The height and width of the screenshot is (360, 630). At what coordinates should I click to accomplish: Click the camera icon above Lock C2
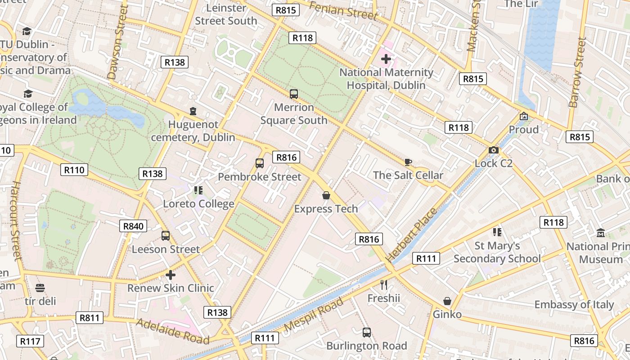(x=494, y=150)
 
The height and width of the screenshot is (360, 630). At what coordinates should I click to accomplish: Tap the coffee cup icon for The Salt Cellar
(x=408, y=162)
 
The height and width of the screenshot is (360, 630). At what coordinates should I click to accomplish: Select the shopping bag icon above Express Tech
(x=326, y=195)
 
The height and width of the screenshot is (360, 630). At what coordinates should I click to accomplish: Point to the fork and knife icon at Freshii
(x=384, y=284)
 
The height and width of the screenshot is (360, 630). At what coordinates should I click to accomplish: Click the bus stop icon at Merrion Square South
(x=294, y=94)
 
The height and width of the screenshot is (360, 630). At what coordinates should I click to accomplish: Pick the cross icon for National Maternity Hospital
(x=386, y=58)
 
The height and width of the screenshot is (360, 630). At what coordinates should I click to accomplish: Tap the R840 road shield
(x=133, y=226)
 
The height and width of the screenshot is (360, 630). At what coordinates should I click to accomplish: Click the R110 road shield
(x=74, y=170)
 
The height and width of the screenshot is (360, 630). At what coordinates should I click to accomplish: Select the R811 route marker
(x=89, y=318)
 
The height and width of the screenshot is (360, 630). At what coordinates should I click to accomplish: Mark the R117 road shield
(x=30, y=341)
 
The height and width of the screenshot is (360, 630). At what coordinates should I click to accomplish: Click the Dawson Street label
(x=117, y=43)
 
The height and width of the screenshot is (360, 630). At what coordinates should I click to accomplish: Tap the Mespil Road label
(x=314, y=314)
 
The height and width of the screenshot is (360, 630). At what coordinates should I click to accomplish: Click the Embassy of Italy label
(x=574, y=305)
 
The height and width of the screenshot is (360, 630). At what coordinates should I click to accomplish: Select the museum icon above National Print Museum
(x=601, y=233)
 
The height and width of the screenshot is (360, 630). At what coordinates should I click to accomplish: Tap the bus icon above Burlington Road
(x=367, y=333)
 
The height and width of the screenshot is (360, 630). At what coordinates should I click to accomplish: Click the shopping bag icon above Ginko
(x=447, y=301)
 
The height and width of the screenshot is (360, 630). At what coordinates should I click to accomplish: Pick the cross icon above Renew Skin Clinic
(x=171, y=274)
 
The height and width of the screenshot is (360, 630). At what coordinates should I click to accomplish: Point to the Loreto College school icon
(x=198, y=190)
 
